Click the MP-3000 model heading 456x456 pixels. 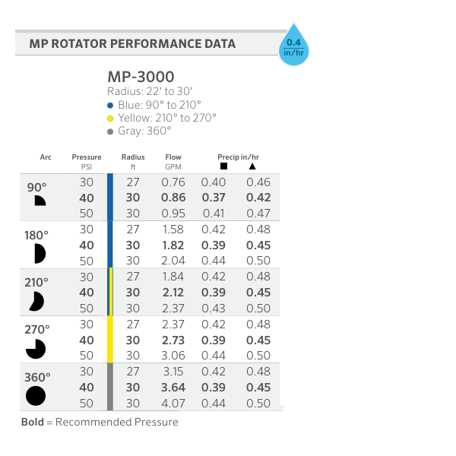coord(141,77)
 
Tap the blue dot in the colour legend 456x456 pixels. coord(110,104)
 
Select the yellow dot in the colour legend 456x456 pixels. coord(110,118)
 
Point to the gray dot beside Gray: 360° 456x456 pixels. coord(110,131)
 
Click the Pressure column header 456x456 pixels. coord(86,157)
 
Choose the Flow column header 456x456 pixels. coord(173,157)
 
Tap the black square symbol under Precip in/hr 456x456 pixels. coord(223,166)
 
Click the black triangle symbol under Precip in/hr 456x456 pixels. coord(252,166)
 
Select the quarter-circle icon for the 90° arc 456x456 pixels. coord(39,201)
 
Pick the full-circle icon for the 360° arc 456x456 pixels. coord(36,396)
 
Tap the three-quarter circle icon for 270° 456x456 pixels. coord(36,349)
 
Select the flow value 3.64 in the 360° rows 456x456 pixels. coord(173,388)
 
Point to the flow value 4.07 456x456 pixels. coord(173,404)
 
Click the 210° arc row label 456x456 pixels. coord(36,281)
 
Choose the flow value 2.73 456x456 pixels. coord(173,340)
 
